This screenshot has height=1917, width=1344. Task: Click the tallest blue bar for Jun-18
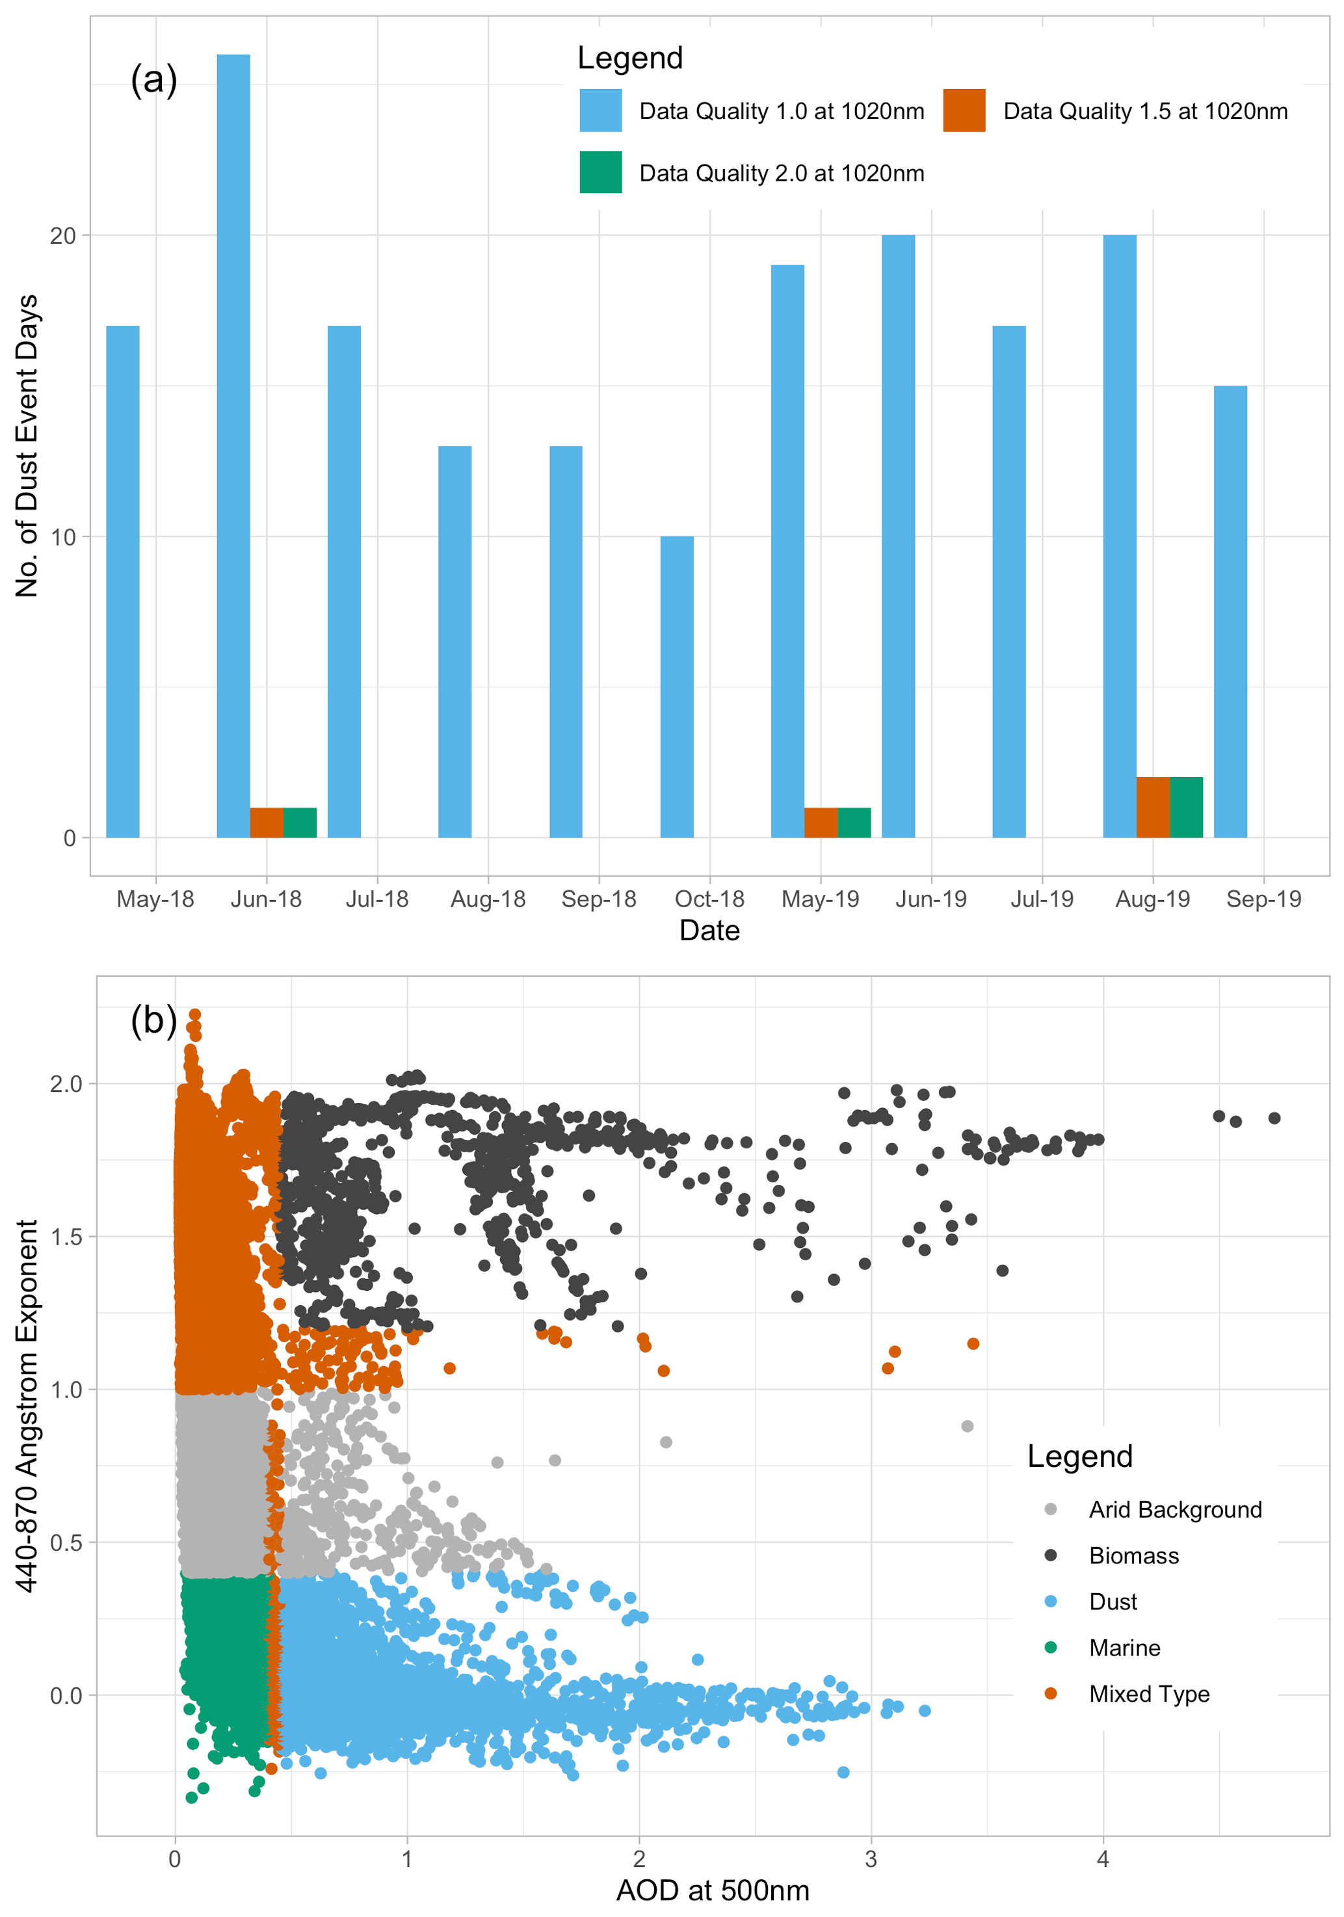[x=233, y=446]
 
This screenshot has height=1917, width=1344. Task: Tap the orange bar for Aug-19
[x=1152, y=808]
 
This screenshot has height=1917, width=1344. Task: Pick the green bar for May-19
[x=853, y=823]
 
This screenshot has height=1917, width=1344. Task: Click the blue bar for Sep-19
[x=1230, y=611]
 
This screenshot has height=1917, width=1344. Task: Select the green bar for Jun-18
[x=300, y=823]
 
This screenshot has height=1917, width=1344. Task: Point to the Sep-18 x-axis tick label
[x=599, y=899]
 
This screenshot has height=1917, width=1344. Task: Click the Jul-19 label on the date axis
[x=1041, y=899]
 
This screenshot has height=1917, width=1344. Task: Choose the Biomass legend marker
[x=1050, y=1555]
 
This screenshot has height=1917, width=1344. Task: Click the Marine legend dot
[x=1050, y=1647]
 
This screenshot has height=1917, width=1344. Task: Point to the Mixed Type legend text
[x=1149, y=1693]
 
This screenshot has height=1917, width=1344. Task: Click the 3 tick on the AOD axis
[x=871, y=1859]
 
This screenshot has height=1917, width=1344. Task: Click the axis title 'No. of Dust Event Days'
[x=27, y=446]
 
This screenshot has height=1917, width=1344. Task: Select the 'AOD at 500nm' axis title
[x=712, y=1890]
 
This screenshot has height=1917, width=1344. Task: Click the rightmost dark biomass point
[x=1274, y=1118]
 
